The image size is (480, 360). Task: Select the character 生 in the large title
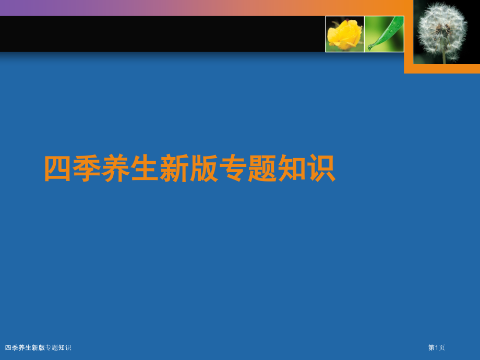point(146,169)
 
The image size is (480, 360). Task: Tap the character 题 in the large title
point(262,169)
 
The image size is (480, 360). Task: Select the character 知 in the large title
point(292,169)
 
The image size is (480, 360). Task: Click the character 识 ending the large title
point(320,169)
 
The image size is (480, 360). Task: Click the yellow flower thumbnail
point(344,34)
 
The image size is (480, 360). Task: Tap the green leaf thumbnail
point(385,34)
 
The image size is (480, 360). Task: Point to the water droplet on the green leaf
point(370,47)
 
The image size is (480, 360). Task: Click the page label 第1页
point(437,347)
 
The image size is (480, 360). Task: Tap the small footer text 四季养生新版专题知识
point(38,347)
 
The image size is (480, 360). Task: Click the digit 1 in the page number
point(437,347)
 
